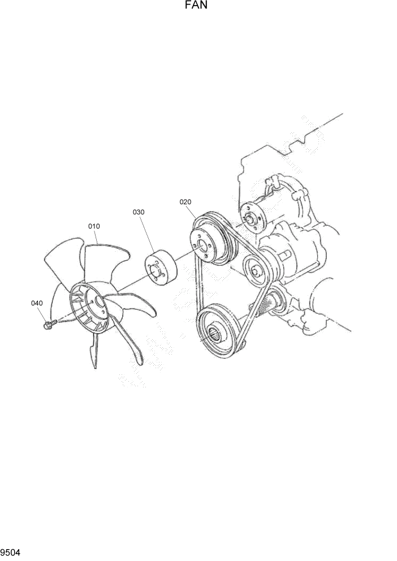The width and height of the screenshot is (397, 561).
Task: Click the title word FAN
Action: (x=198, y=6)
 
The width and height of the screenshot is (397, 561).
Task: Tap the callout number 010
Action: (x=94, y=226)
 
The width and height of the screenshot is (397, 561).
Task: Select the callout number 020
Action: (x=185, y=201)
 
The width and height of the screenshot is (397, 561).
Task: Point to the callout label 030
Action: (x=139, y=212)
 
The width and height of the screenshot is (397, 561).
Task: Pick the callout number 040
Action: (x=37, y=303)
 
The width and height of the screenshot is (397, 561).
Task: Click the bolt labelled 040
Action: (x=49, y=324)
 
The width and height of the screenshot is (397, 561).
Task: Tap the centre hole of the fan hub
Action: (x=101, y=303)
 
